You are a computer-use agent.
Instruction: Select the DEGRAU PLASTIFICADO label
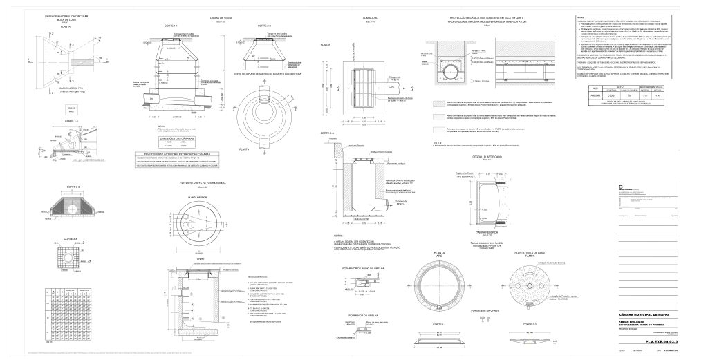486,157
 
